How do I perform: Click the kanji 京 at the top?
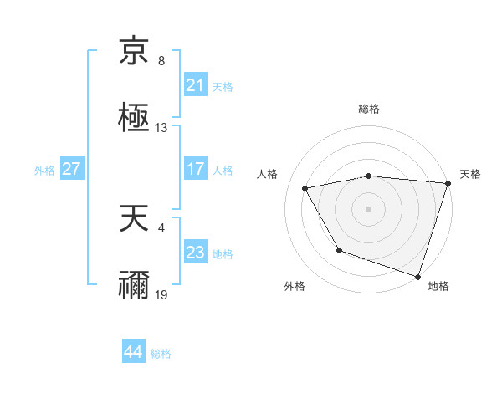[134, 52]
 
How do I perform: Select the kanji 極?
[134, 116]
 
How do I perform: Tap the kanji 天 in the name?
[134, 218]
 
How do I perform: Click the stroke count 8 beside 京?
[161, 61]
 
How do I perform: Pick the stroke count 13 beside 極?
[161, 128]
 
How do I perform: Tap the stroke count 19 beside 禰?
[161, 294]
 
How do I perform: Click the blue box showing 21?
[195, 85]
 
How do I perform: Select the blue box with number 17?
[195, 169]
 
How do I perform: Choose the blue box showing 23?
[195, 253]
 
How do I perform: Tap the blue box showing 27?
[72, 169]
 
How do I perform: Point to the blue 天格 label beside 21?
[223, 86]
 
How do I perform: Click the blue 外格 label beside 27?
[44, 170]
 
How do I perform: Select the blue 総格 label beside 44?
[161, 353]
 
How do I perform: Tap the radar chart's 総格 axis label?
[369, 109]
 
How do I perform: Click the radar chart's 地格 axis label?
[438, 287]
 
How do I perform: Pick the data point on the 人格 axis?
[305, 188]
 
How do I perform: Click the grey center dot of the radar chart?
[369, 208]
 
